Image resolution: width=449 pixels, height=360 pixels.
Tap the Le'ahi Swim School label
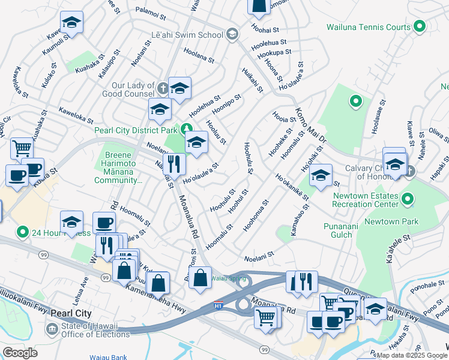tap(187, 35)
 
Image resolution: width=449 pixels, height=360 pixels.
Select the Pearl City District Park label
tap(136, 130)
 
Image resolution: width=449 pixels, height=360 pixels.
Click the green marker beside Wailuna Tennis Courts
tap(420, 26)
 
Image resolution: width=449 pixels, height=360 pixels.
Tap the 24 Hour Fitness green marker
tap(23, 231)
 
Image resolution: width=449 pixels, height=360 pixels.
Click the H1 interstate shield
tap(220, 306)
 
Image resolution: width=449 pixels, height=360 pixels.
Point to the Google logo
tap(20, 353)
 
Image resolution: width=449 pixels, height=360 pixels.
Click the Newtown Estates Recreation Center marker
tap(408, 199)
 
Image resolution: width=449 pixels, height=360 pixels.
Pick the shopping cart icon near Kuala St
tap(22, 147)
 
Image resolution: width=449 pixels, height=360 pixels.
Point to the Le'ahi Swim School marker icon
tap(232, 34)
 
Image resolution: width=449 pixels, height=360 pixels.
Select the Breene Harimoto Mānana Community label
tap(122, 167)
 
